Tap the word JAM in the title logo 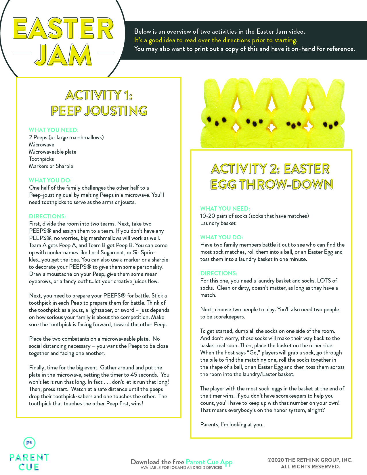63,55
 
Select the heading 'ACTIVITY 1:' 99,95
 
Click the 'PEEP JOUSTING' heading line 99,111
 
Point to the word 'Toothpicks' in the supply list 41,159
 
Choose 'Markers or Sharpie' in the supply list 51,166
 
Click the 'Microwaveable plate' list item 53,152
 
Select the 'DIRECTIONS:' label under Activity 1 47,216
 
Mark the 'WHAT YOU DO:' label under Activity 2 221,237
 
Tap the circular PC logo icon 29,443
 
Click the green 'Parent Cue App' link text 209,462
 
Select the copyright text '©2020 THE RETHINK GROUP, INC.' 310,460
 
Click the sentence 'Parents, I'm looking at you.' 232,425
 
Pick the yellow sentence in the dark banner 216,40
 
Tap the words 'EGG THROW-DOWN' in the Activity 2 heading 272,185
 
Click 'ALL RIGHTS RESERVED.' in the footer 310,467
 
